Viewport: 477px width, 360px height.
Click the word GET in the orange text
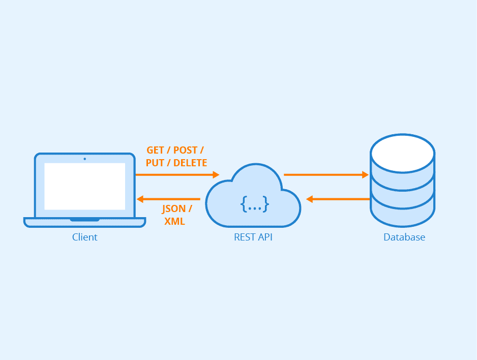(156, 151)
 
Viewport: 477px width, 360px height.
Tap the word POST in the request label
(186, 151)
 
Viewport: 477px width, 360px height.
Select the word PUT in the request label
(155, 163)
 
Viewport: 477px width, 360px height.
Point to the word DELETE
(190, 163)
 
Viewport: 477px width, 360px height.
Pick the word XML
(174, 221)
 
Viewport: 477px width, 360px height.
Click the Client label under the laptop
(84, 237)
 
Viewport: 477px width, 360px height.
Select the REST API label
(253, 237)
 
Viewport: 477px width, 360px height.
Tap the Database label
(404, 237)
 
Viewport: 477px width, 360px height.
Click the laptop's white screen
(84, 186)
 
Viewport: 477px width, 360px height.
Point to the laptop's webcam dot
(84, 159)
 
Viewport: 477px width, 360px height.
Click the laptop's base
(84, 222)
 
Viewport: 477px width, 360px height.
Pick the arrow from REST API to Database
(326, 175)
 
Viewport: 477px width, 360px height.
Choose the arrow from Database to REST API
(338, 199)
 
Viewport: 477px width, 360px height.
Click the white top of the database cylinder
(402, 152)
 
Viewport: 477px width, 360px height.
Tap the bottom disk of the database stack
(402, 214)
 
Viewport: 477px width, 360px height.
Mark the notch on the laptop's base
(84, 220)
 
